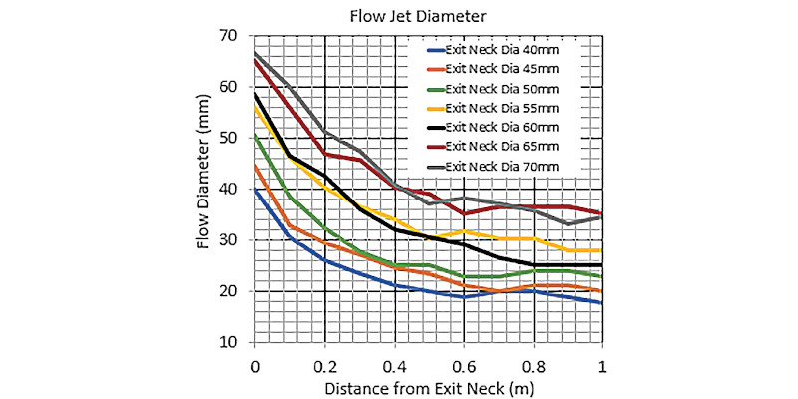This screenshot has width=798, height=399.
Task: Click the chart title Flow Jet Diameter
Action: [418, 17]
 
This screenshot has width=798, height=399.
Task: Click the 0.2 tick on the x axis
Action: [324, 365]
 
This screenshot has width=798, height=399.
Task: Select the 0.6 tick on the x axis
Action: [464, 365]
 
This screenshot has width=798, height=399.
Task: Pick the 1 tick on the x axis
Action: [602, 365]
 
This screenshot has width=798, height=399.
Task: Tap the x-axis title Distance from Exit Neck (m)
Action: [429, 389]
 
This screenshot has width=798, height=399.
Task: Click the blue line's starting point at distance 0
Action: [254, 190]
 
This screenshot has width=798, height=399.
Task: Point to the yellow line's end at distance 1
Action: [602, 250]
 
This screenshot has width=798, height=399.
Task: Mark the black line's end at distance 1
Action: [602, 265]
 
